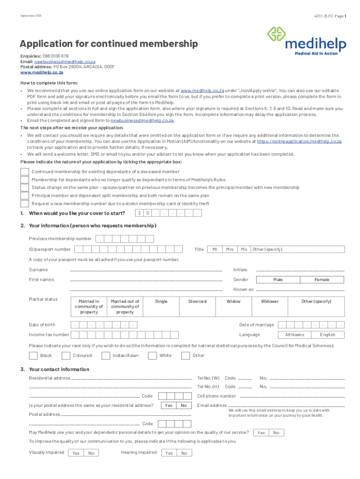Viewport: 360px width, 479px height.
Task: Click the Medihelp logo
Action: point(307,41)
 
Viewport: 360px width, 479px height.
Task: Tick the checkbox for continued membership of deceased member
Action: point(24,172)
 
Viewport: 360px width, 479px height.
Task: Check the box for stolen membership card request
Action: point(24,203)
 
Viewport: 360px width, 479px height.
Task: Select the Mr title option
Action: point(215,249)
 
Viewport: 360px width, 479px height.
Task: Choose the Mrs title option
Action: point(230,249)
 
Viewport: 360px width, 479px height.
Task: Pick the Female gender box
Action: point(322,279)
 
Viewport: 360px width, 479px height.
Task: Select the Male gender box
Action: point(278,279)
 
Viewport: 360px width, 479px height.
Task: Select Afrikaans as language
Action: point(295,334)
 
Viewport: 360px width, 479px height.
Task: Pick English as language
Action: point(327,334)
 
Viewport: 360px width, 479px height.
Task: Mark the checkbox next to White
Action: point(152,356)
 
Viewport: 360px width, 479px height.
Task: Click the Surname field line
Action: point(146,270)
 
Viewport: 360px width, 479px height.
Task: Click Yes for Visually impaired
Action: point(76,453)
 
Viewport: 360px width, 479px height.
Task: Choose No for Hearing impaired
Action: point(184,453)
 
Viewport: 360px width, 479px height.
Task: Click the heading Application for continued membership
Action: point(108,44)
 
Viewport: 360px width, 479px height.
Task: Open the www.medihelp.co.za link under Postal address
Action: point(42,73)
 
